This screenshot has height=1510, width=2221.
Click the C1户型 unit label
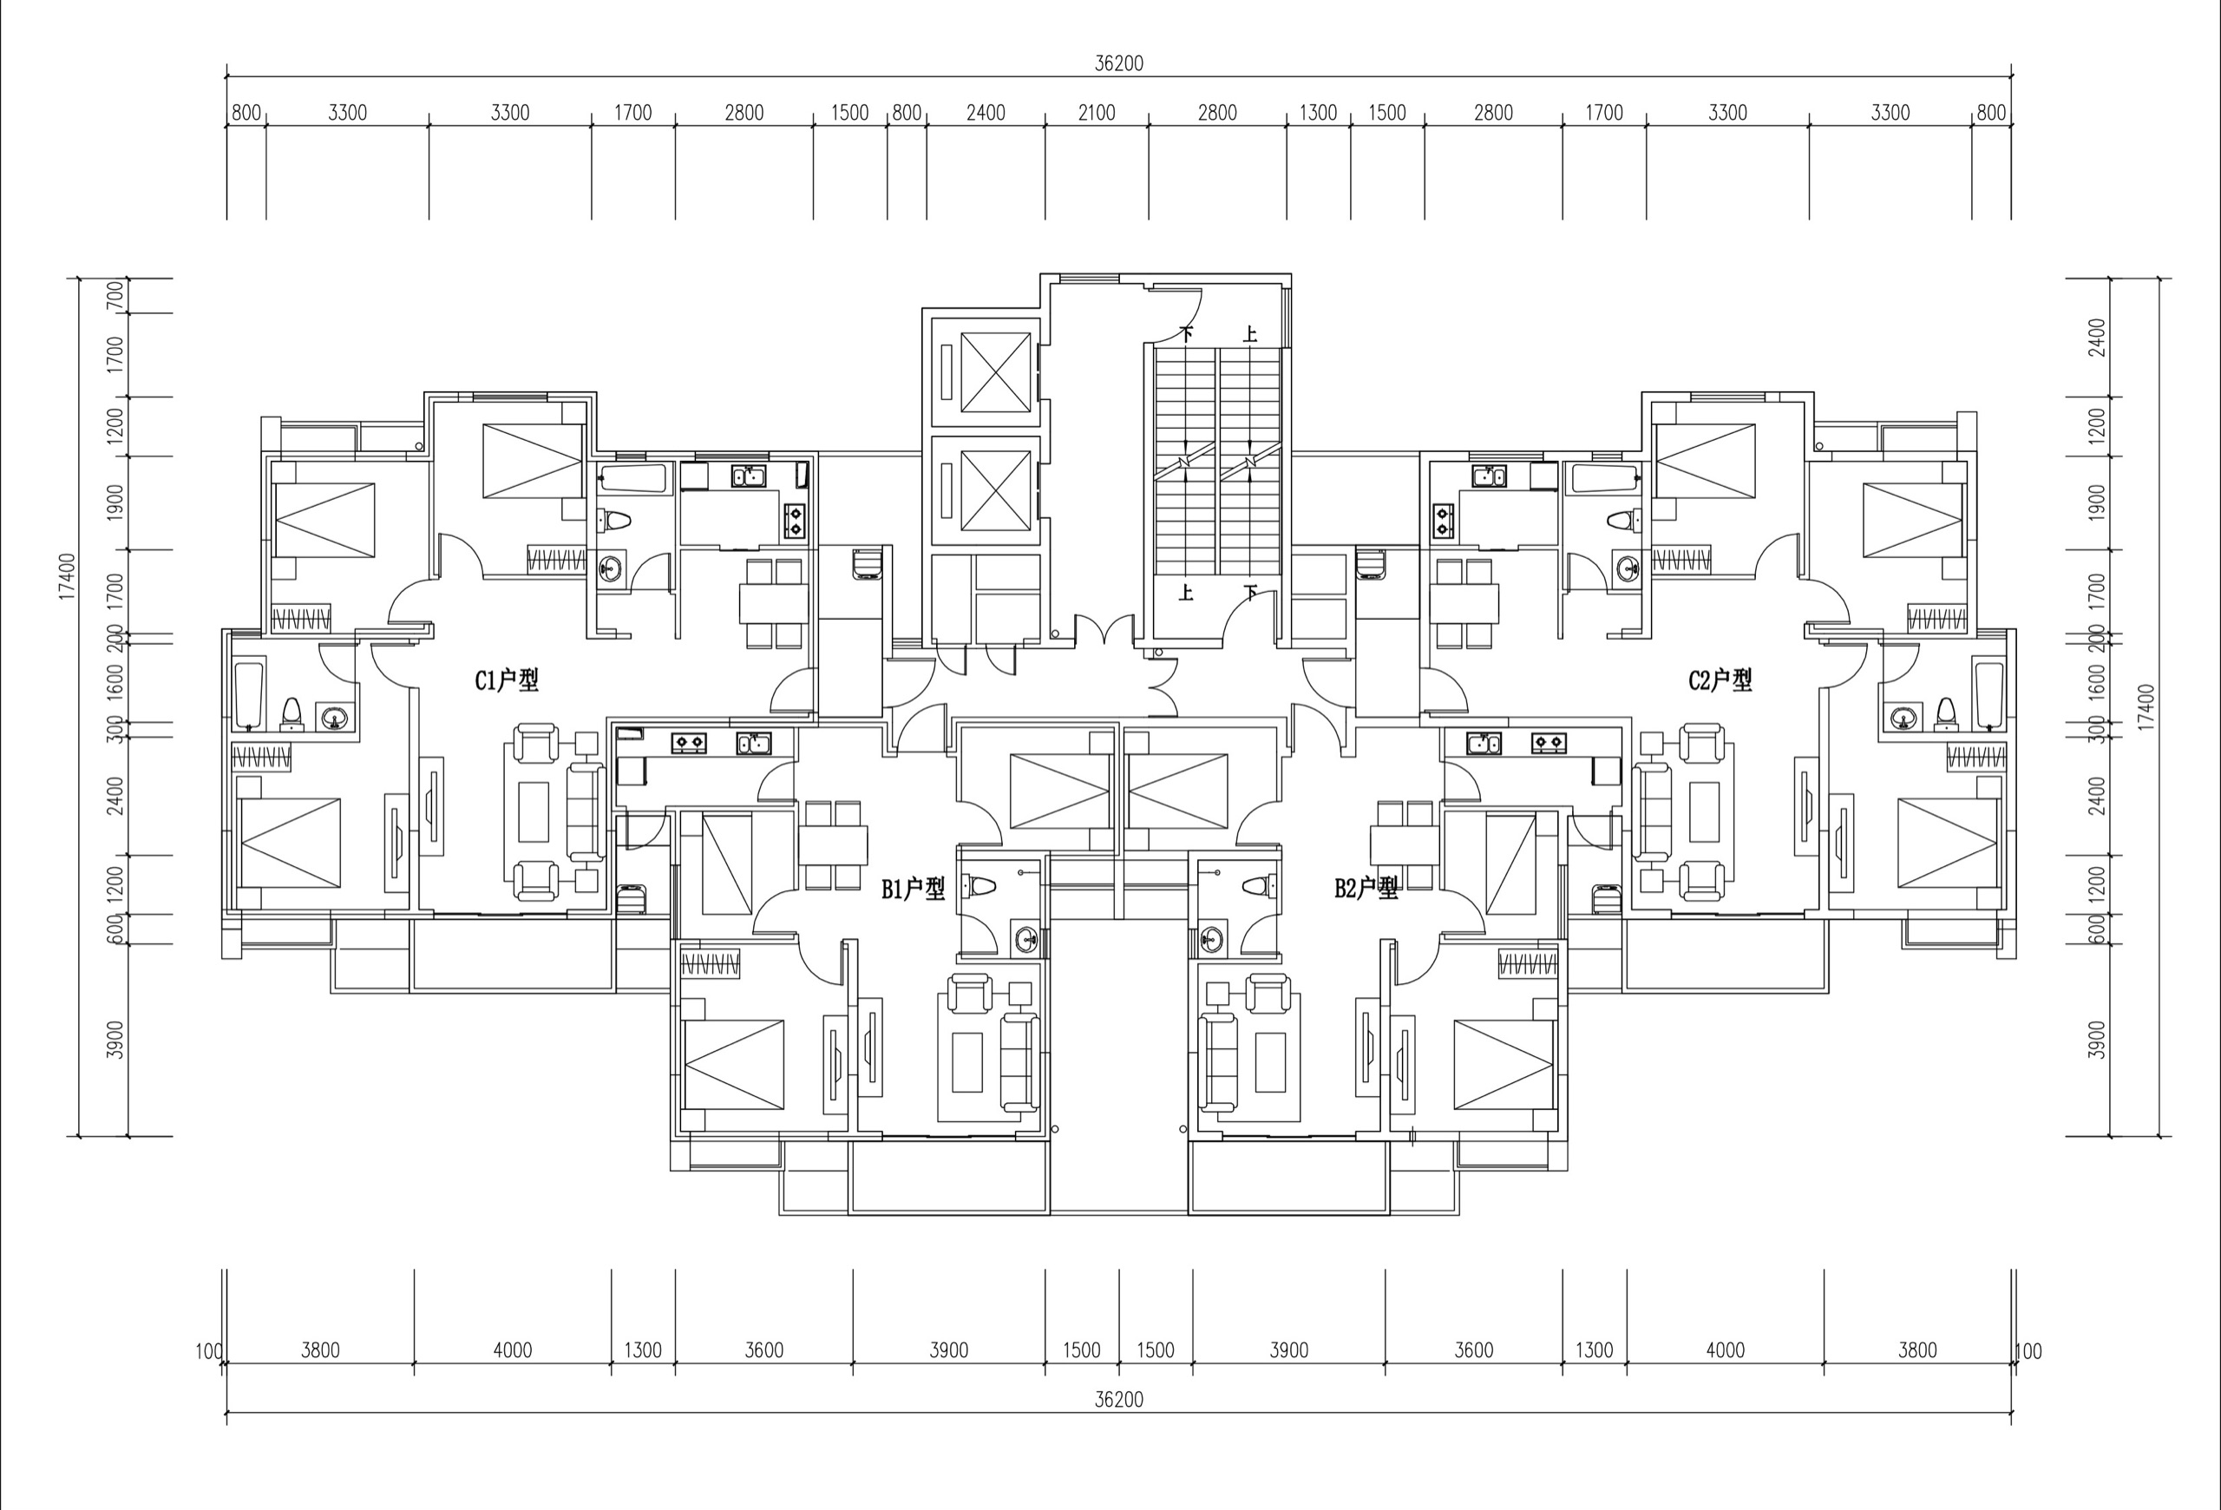coord(507,680)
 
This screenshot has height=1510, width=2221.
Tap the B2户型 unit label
coord(1366,889)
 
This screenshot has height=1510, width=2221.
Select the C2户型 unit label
coord(1720,680)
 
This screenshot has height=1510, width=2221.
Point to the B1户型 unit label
coord(913,889)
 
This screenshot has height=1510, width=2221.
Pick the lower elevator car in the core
coord(996,490)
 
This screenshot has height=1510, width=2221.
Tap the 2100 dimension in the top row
coord(1096,113)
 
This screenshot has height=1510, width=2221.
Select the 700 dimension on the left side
coord(115,295)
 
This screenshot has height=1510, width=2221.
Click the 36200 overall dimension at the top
coord(1119,63)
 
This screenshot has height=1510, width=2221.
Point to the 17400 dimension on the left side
coord(67,575)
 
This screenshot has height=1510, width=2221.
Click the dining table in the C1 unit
coord(774,603)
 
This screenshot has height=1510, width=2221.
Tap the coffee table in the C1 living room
coord(534,811)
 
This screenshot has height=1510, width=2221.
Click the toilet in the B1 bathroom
coord(979,887)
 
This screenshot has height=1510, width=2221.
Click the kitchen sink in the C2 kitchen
coord(1488,476)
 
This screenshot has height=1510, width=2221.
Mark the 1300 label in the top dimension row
coord(1318,113)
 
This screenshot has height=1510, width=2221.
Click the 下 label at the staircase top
coord(1187,334)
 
